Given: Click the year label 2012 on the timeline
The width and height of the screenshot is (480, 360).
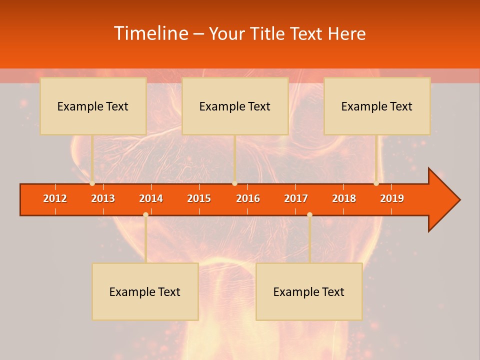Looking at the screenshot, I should [55, 198].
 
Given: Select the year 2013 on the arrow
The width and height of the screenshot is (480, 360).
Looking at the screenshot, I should [103, 198].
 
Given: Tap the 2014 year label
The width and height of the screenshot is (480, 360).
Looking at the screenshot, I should [151, 198].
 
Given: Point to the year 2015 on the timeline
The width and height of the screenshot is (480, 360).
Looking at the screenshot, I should [199, 198].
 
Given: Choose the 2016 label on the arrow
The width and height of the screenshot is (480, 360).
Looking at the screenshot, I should [248, 198].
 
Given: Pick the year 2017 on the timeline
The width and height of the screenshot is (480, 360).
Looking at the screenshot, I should [296, 198].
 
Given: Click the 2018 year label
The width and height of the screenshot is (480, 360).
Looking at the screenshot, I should [344, 198].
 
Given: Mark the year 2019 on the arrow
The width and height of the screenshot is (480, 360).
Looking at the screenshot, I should [392, 198].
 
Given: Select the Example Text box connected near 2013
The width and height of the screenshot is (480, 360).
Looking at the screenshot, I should [93, 106].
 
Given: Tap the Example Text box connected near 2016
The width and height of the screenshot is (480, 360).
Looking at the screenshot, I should [235, 106].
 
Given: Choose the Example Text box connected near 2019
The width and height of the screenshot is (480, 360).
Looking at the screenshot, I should [377, 106].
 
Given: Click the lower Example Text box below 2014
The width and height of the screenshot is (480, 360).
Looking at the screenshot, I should [145, 291].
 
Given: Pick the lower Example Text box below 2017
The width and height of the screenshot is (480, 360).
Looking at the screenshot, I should [309, 291].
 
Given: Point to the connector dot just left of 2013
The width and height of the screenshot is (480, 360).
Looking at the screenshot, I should [92, 183].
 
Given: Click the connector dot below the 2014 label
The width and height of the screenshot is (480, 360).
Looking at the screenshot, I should [145, 214].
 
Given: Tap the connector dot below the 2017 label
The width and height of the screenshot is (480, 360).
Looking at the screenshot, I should [309, 214].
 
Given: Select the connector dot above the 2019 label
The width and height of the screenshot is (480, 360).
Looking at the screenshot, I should [376, 183].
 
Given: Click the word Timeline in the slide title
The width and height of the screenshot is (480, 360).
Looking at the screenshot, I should [150, 33].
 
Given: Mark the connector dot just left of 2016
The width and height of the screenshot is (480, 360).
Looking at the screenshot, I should [234, 183].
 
